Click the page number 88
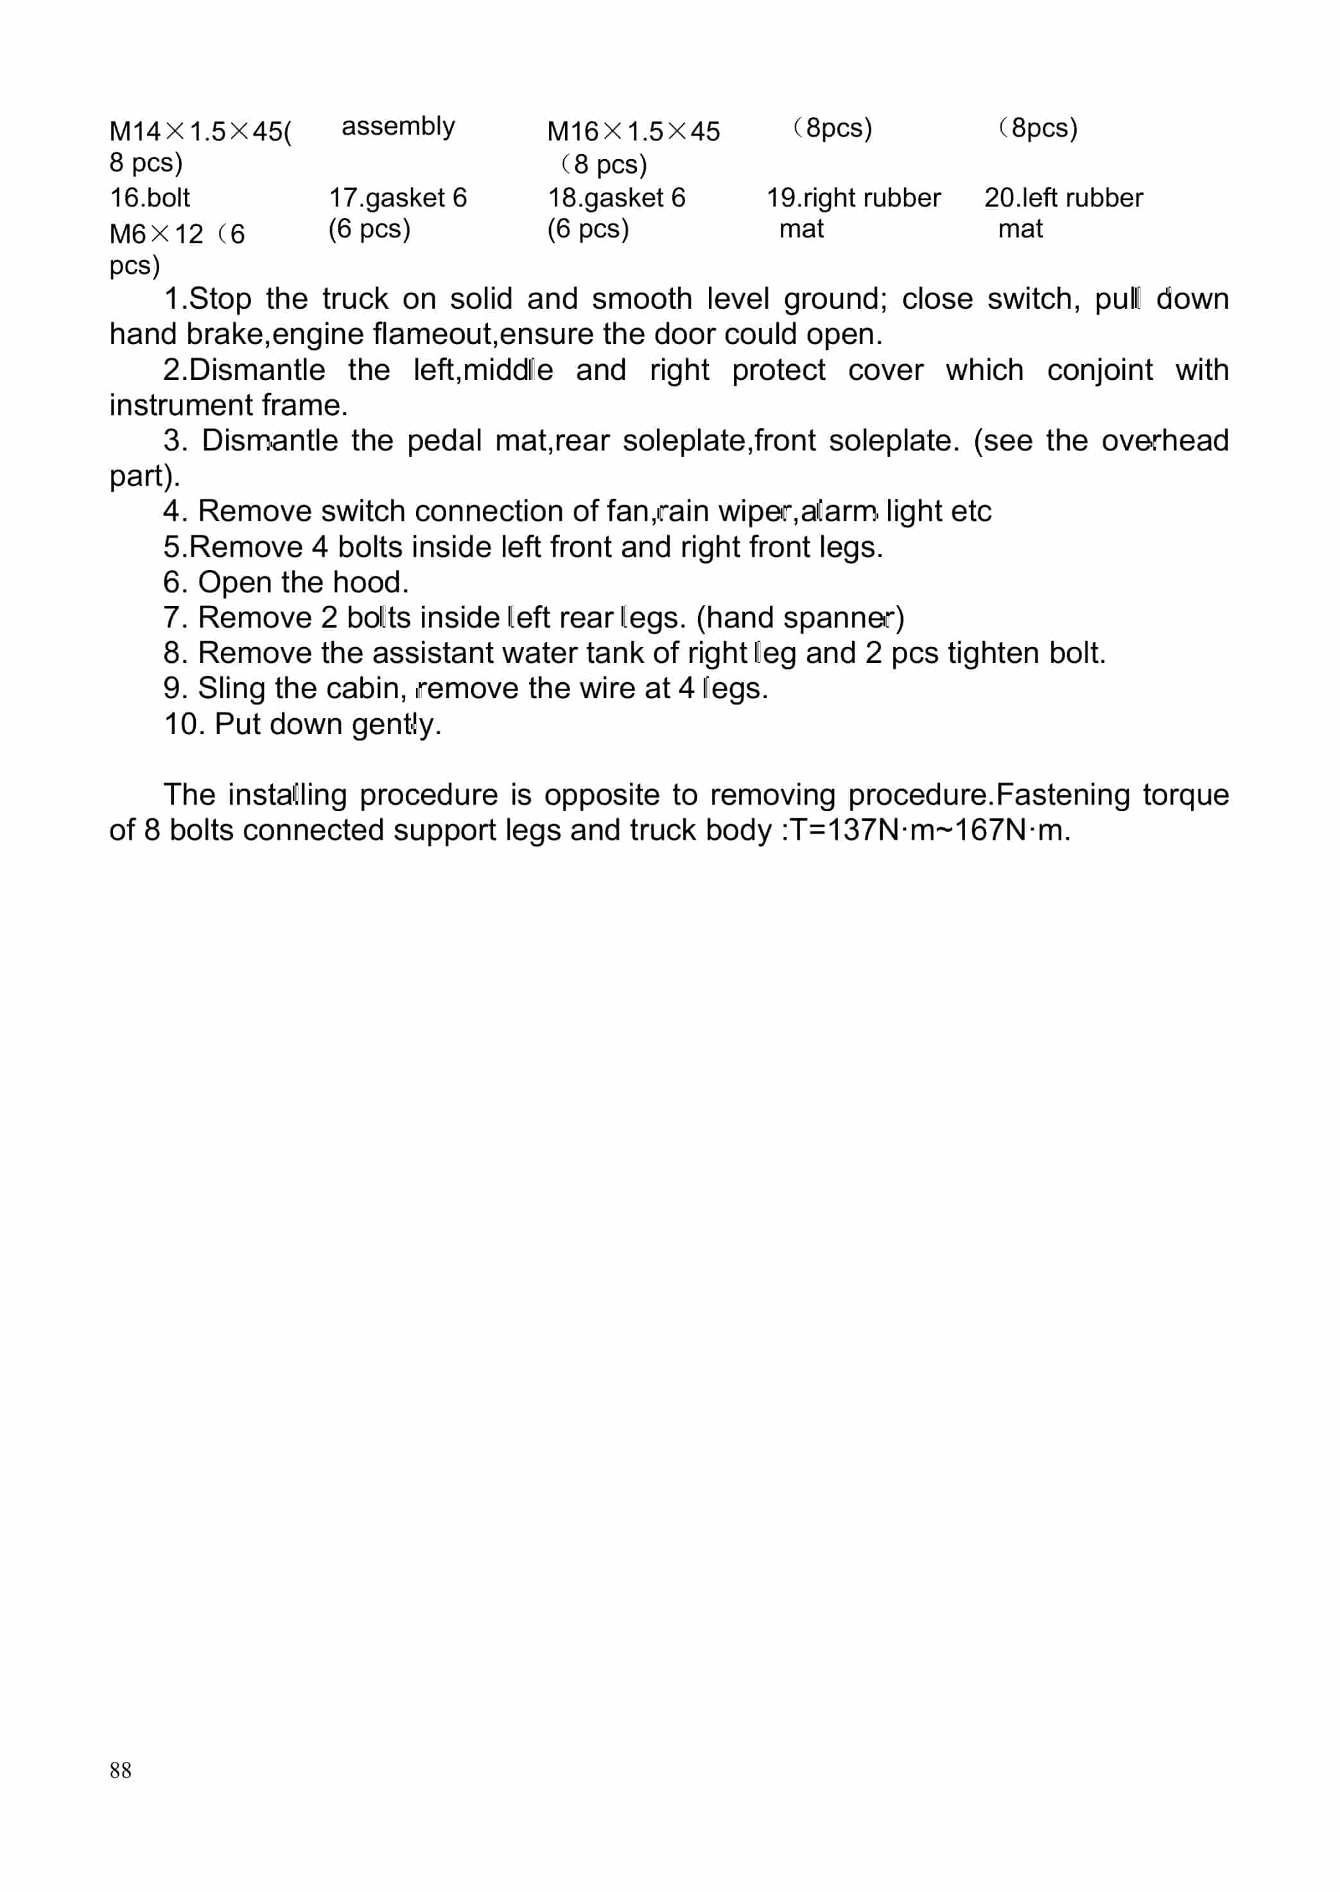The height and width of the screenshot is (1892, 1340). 121,1769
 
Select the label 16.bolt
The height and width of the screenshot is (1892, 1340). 150,198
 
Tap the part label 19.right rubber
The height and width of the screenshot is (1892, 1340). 853,198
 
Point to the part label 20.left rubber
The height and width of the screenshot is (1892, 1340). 1063,198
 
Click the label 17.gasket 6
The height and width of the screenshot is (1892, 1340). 397,198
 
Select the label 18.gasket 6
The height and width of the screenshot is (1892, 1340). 616,198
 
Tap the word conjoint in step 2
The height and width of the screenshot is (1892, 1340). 1099,370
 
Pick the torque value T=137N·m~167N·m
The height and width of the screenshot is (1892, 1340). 930,830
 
